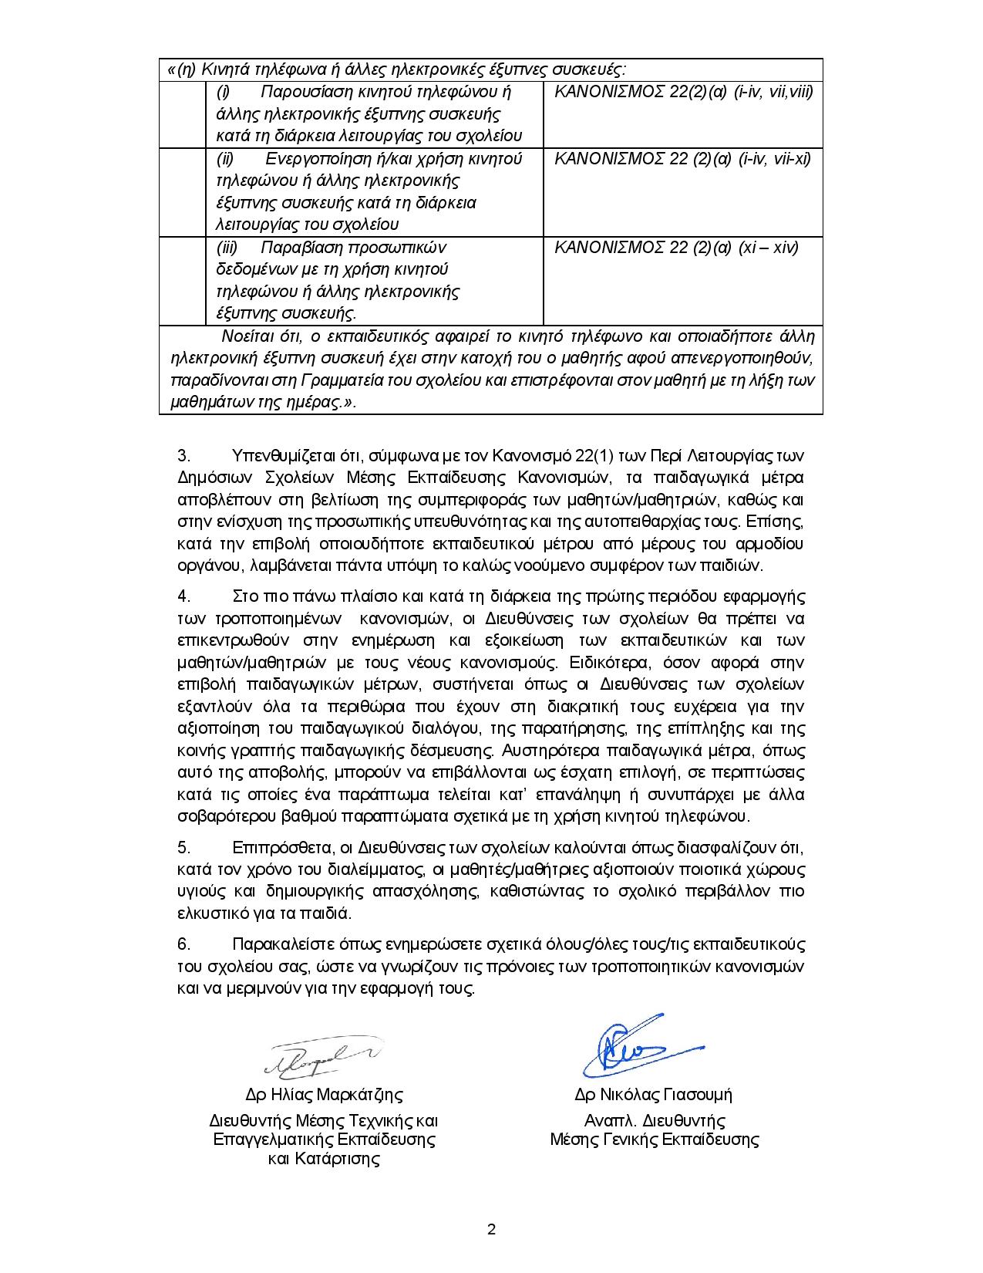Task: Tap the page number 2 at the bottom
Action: tap(491, 1230)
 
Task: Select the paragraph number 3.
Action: tap(183, 455)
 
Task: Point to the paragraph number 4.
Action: tap(183, 596)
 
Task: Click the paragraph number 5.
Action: tap(183, 848)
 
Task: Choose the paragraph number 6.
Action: tap(183, 945)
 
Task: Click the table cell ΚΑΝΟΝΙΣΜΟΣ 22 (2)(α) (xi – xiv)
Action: tap(676, 248)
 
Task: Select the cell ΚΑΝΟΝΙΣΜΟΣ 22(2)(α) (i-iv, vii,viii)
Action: tap(683, 93)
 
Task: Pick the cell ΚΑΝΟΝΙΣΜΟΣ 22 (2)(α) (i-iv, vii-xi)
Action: tap(682, 160)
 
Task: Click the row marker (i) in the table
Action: tap(223, 93)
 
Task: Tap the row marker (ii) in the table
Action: tap(224, 160)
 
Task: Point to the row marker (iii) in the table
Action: tap(227, 248)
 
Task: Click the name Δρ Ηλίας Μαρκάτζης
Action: tap(324, 1095)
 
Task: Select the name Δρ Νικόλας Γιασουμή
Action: tap(653, 1095)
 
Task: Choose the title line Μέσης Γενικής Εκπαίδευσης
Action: tap(654, 1140)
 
